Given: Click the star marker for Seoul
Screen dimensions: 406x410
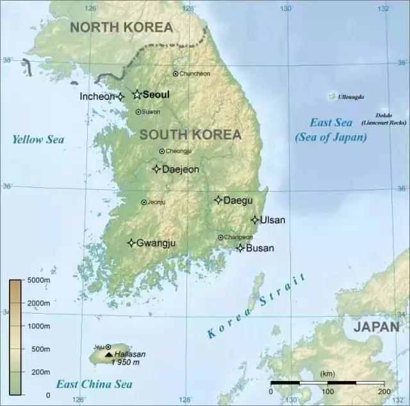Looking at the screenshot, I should pos(136,95).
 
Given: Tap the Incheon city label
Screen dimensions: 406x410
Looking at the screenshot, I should pos(97,96).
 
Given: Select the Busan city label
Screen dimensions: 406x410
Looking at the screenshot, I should pos(260,248).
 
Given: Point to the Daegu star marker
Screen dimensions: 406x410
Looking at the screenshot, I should pos(218,200).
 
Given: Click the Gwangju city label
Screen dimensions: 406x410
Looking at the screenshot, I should pos(156,243).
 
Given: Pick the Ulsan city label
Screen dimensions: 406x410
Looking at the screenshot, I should pos(273,220).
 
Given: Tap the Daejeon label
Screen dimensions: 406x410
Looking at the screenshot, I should pos(180,169).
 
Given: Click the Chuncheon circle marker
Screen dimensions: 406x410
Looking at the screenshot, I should pos(176,74).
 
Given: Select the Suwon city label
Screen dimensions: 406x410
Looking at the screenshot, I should pos(151,112).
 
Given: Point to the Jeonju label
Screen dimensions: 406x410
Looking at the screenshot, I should pos(156,202).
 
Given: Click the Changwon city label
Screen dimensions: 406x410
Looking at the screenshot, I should pos(238,237).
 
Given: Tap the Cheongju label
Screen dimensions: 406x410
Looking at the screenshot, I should pos(179,151).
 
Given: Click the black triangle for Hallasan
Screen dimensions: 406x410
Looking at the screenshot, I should pos(108,354).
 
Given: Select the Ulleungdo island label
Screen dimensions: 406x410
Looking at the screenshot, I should pos(351,97).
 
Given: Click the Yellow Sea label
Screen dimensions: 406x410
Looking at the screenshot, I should pos(38,139).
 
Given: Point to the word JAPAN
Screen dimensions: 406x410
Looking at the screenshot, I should pos(377,326).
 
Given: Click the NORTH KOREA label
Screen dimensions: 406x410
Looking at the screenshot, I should pos(121,27).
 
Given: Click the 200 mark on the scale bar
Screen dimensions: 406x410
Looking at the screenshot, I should pos(384,391).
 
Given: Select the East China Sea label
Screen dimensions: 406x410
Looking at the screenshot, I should pos(94,384).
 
